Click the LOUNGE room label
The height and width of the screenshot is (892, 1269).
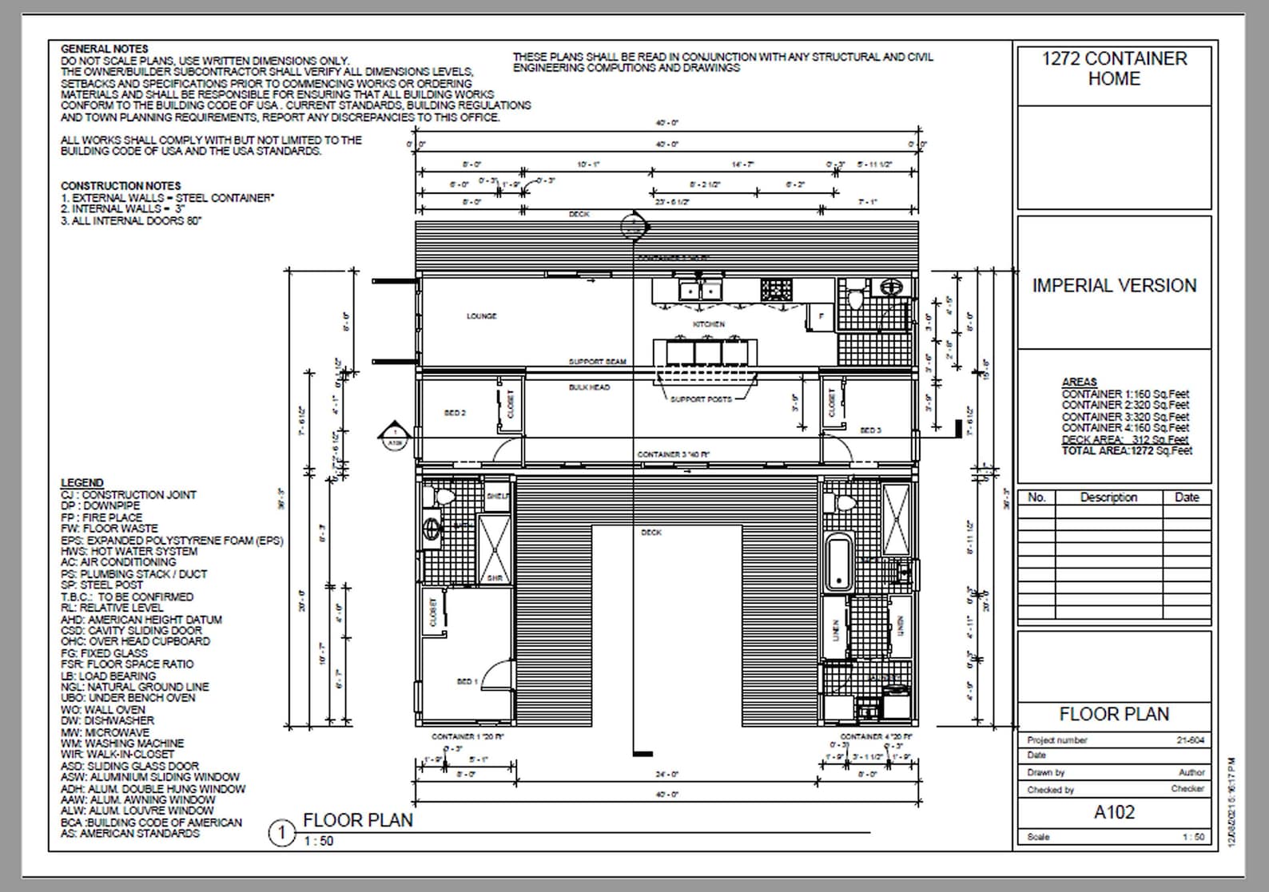click(481, 316)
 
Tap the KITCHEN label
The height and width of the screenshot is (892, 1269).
click(708, 324)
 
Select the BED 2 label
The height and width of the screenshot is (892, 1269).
click(455, 413)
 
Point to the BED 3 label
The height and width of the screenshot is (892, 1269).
click(870, 430)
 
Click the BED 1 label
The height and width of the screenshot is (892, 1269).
click(467, 681)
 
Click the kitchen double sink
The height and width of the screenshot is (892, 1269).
click(701, 289)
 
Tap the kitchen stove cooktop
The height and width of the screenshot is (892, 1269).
click(776, 289)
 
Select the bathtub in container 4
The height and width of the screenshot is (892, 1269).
click(838, 563)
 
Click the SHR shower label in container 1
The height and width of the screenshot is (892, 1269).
click(495, 577)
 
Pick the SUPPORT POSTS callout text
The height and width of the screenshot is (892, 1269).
click(701, 399)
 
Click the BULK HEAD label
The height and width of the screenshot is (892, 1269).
click(589, 387)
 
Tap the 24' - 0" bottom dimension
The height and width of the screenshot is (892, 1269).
click(666, 774)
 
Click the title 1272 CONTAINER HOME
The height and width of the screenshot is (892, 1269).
click(1114, 69)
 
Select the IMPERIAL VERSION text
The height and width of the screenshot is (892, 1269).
click(1114, 286)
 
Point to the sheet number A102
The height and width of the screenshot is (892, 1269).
click(1114, 812)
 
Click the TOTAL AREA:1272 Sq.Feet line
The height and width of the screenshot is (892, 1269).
click(1126, 450)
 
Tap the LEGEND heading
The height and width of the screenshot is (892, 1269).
click(82, 482)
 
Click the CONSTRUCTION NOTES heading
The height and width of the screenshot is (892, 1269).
click(121, 185)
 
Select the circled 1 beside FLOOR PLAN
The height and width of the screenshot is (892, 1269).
click(281, 834)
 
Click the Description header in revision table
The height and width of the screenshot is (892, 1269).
click(1108, 497)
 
